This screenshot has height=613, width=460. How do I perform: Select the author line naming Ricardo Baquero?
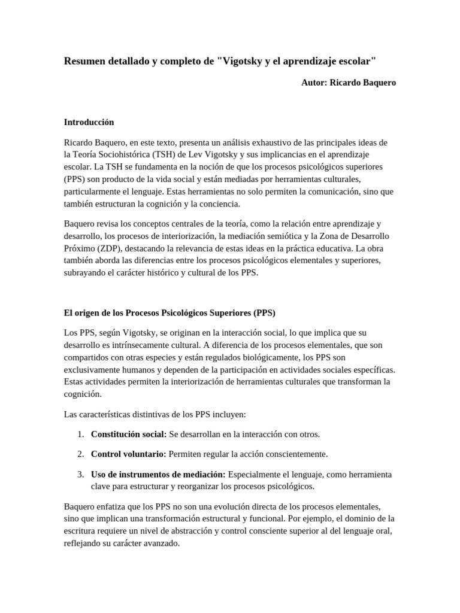coord(348,83)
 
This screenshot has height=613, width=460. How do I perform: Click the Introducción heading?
coord(89,122)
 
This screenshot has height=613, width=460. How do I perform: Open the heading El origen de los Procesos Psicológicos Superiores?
coord(170,312)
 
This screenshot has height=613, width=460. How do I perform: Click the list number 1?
coord(81,434)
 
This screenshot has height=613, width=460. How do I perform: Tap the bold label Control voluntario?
coord(128,454)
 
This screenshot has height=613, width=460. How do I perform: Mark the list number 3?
coord(81,474)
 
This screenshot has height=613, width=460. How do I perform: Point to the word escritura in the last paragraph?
coord(81,530)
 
